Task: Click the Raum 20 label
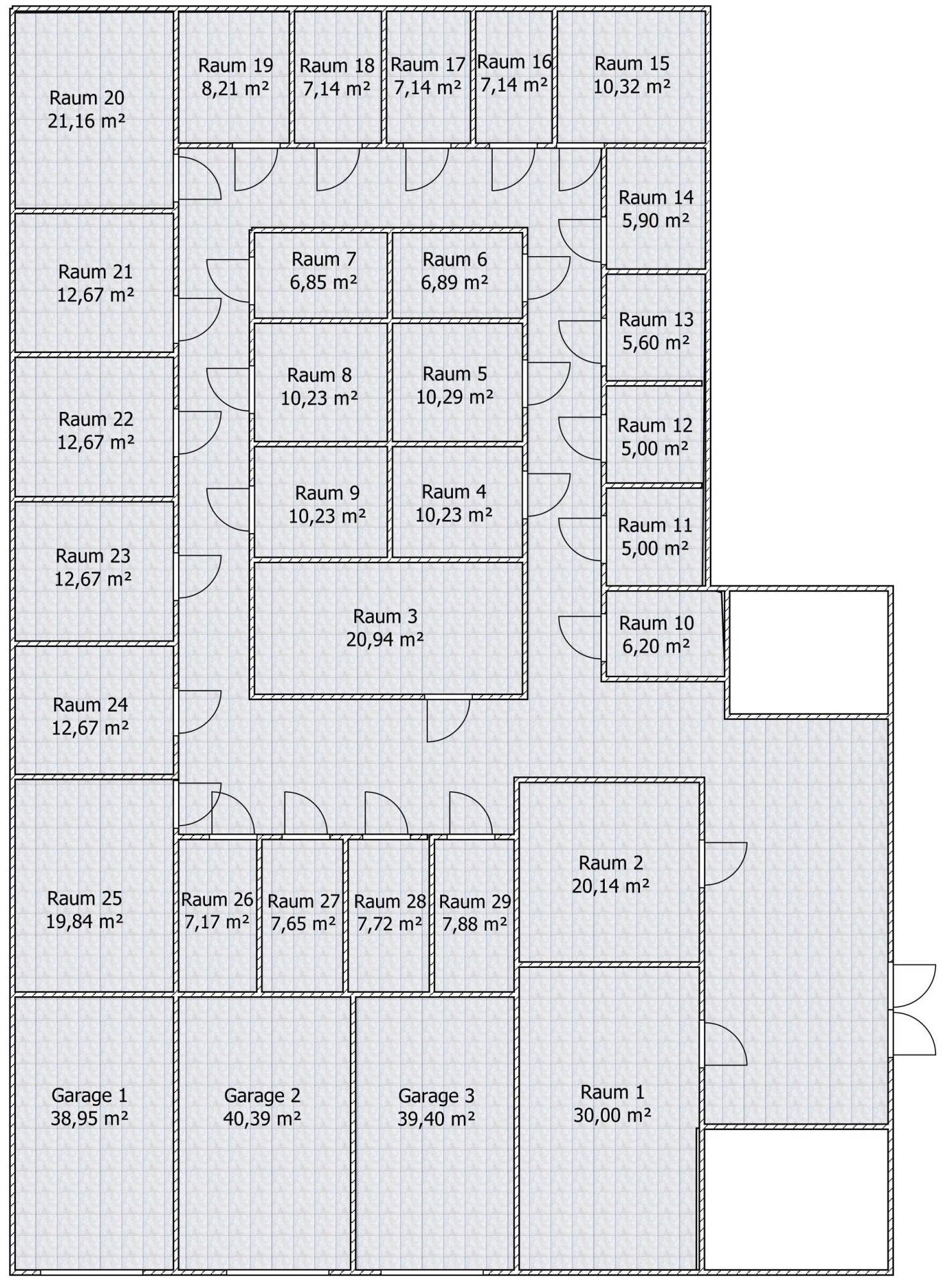coord(86,98)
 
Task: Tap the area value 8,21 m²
coord(235,88)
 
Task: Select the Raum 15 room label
coord(632,63)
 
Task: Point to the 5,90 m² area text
coord(655,220)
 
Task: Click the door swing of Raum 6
coord(548,278)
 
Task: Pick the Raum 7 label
coord(324,259)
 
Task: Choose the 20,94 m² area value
coord(385,639)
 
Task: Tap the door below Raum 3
coord(448,720)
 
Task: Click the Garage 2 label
coord(262,1096)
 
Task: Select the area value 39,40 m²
coord(436,1118)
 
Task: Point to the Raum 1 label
coord(612,1092)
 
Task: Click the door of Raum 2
coord(725,864)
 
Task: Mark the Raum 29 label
coord(475,902)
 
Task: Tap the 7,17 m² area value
coord(217,922)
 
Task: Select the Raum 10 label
coord(657,623)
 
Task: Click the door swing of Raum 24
coord(200,712)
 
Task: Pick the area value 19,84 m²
coord(84,921)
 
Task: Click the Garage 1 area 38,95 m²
coord(89,1118)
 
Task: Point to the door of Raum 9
coord(228,510)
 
